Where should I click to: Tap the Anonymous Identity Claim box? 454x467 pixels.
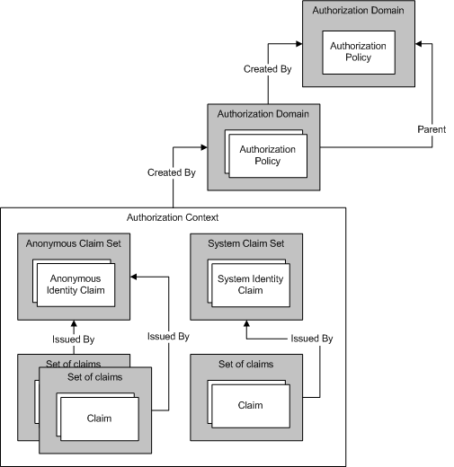76,284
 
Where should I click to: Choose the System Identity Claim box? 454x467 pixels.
249,284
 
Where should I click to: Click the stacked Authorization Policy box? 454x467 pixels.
267,155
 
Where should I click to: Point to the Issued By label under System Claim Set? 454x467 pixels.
311,339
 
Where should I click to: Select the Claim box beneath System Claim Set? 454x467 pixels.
250,405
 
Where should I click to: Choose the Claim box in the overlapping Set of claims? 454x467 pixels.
98,419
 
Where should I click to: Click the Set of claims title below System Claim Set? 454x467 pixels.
245,364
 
